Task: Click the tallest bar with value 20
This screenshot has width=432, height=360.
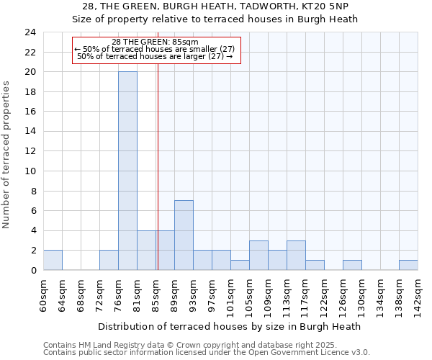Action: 127,171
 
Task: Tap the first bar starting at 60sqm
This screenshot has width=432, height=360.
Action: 53,260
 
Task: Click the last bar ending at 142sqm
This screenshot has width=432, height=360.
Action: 408,265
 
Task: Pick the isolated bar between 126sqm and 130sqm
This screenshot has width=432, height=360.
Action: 352,265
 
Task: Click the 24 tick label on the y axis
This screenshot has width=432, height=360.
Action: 30,32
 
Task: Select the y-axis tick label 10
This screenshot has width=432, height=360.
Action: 30,171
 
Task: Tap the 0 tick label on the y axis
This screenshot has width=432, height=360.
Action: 32,271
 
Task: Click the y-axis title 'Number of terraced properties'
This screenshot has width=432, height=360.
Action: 7,154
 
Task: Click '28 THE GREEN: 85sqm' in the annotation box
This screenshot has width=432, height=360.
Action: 155,42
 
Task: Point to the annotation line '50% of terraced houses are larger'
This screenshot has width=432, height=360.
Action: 155,56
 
